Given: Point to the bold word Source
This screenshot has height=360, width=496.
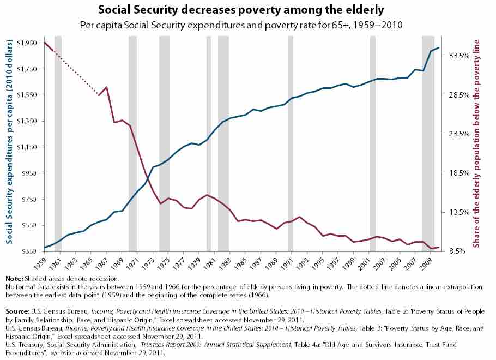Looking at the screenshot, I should point(18,311).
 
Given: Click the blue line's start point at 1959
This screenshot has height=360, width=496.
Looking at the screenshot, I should point(44,248).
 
